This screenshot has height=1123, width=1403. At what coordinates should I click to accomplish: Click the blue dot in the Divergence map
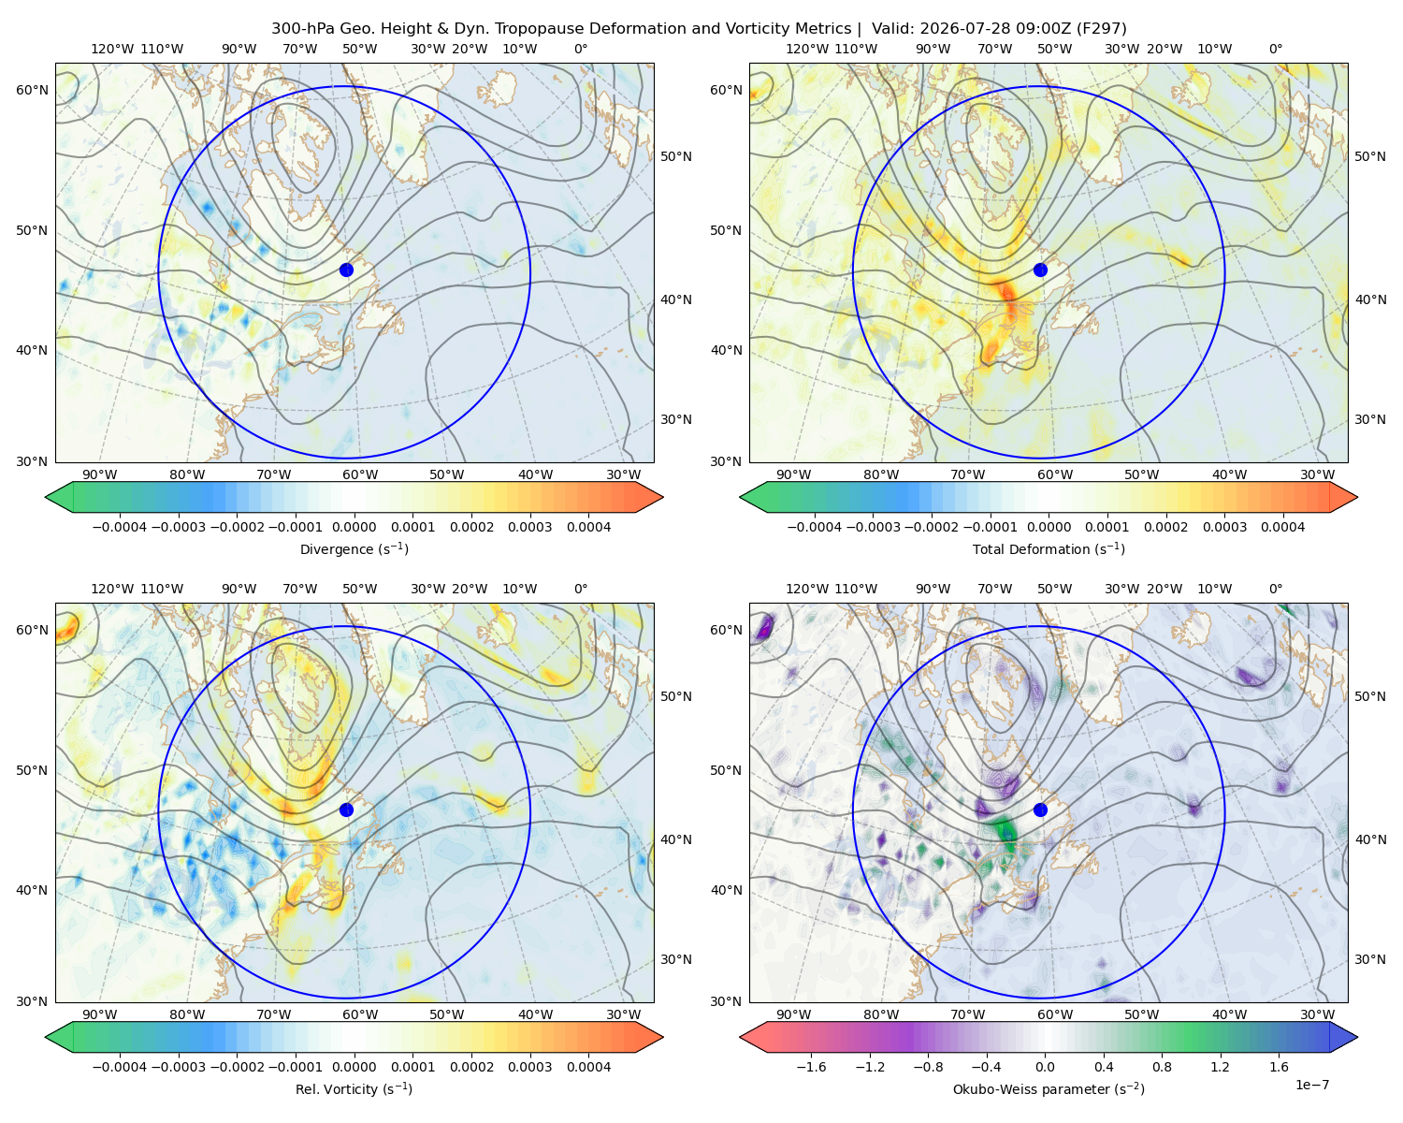346,270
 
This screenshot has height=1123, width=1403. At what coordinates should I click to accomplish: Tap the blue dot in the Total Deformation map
1040,270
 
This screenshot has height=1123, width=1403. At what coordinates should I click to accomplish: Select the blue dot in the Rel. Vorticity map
346,809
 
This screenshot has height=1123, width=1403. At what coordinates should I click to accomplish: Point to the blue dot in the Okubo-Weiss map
1040,809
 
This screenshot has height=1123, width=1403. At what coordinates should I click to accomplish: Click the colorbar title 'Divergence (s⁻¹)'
354,548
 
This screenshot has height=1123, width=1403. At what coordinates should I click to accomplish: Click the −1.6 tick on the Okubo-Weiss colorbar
811,1066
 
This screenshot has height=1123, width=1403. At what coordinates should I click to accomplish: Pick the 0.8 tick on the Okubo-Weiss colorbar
1162,1066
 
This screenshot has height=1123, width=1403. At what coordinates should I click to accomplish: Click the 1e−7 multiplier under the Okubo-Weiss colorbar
1311,1085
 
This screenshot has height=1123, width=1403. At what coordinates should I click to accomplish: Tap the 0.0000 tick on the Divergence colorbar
354,527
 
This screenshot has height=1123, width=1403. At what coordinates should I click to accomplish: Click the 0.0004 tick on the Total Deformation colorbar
1282,527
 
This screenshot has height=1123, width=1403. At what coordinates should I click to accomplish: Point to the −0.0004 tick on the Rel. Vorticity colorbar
120,1066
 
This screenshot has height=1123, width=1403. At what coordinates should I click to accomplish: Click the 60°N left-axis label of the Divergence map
32,90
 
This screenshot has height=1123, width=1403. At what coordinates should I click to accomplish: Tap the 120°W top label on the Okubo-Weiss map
807,589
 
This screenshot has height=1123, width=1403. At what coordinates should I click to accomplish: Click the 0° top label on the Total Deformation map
1275,49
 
